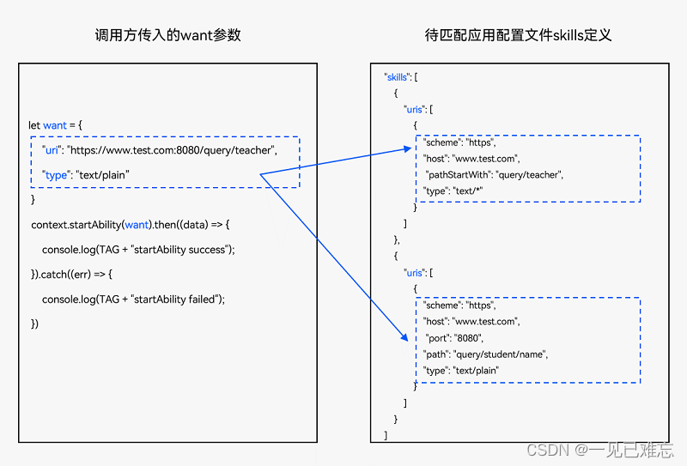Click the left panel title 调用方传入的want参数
[167, 35]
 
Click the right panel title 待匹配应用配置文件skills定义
[518, 35]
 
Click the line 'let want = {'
[56, 125]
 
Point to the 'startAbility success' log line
[138, 250]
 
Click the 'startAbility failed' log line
[133, 299]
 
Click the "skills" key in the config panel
[398, 77]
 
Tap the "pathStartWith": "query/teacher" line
[493, 174]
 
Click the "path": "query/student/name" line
[485, 354]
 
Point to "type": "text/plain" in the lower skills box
[461, 370]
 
